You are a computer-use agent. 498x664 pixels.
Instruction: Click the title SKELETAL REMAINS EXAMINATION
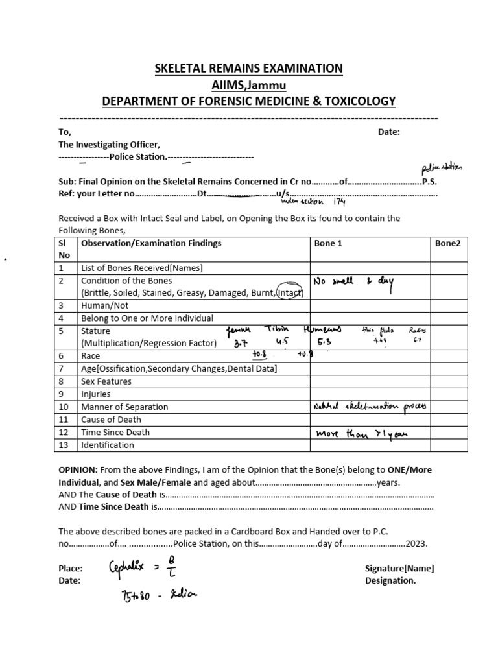(248, 68)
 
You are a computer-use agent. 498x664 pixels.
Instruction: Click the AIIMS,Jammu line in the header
(248, 84)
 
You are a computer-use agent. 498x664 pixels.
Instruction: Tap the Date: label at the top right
(389, 132)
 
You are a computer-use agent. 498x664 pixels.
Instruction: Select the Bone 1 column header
(327, 243)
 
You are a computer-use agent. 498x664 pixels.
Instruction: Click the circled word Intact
(290, 293)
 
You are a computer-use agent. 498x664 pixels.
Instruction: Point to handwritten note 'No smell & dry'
(353, 282)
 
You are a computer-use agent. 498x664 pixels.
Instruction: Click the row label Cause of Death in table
(112, 420)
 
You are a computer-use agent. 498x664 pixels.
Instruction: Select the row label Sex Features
(106, 381)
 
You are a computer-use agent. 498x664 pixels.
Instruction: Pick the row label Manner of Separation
(124, 407)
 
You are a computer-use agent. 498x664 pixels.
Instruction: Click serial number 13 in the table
(63, 445)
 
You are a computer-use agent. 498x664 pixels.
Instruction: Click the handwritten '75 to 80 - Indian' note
(154, 595)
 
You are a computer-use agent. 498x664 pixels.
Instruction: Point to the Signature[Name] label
(399, 568)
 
